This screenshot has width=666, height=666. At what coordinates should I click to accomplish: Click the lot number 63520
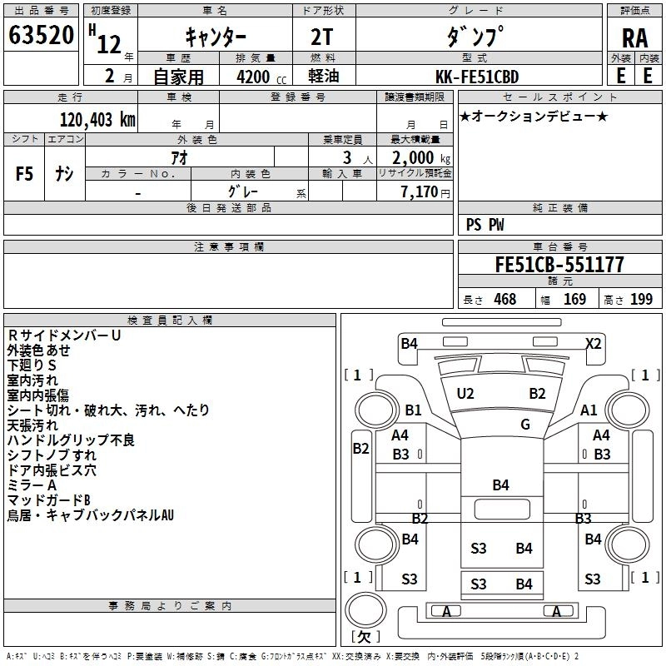pyautogui.click(x=42, y=37)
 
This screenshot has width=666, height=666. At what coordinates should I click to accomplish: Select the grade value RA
pyautogui.click(x=634, y=39)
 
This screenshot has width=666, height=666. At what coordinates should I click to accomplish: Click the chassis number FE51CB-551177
pyautogui.click(x=559, y=265)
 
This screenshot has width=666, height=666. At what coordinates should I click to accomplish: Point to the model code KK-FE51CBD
pyautogui.click(x=478, y=76)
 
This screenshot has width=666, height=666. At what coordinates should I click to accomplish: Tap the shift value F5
pyautogui.click(x=25, y=174)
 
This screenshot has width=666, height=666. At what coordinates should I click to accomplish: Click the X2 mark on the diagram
pyautogui.click(x=594, y=342)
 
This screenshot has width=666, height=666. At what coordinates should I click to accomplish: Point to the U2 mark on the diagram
pyautogui.click(x=465, y=393)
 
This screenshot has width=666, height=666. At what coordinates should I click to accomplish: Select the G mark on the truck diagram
pyautogui.click(x=525, y=424)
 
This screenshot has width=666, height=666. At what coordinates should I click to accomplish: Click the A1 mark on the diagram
pyautogui.click(x=589, y=410)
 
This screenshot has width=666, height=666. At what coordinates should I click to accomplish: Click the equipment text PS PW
pyautogui.click(x=485, y=225)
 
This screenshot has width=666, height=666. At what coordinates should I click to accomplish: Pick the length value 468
pyautogui.click(x=504, y=300)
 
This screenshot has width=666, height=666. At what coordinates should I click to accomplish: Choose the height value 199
pyautogui.click(x=641, y=300)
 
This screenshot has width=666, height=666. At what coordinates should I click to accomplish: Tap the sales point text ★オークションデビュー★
pyautogui.click(x=534, y=116)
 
